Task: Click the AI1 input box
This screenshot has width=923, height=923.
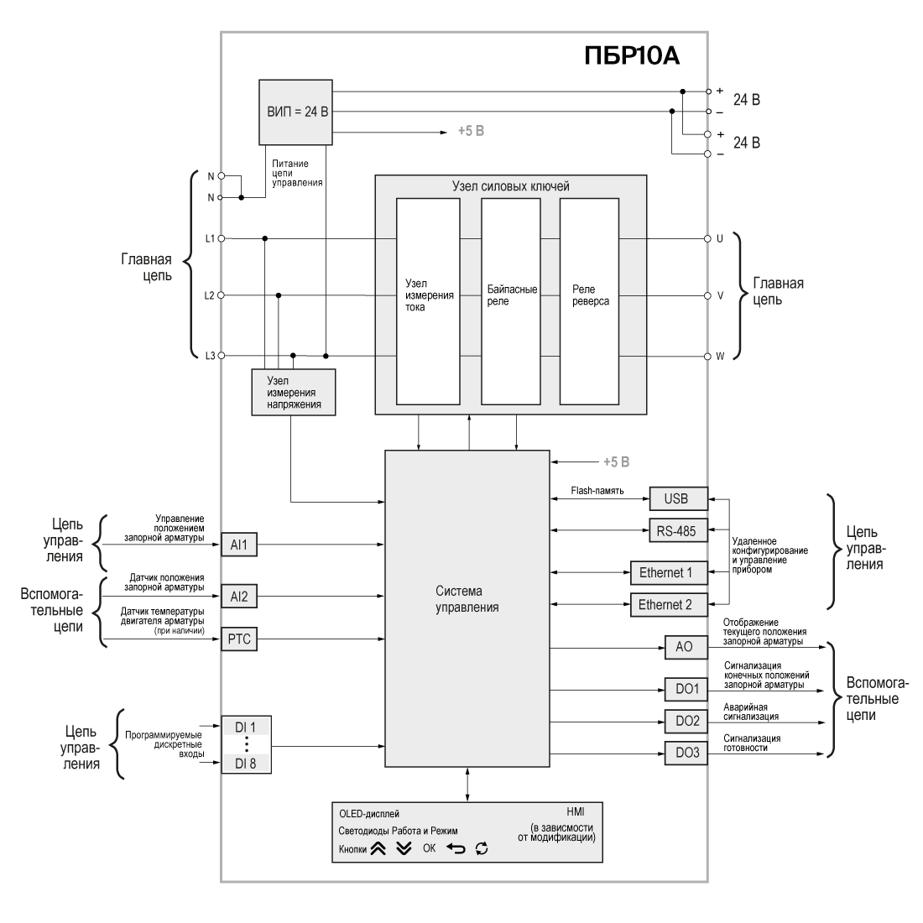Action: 239,545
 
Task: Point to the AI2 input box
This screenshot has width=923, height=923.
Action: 239,597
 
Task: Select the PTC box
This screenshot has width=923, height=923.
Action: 239,639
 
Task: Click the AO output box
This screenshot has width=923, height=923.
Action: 686,648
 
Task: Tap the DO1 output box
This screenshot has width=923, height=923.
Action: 686,689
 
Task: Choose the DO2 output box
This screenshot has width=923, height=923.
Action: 686,721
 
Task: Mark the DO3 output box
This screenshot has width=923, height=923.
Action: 686,753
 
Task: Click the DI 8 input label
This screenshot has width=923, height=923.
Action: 247,764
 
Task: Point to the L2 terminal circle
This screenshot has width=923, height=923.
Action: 222,295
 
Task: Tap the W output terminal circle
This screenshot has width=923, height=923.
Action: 707,356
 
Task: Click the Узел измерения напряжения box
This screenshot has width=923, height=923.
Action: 293,392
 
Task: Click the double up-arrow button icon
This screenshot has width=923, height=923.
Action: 378,848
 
